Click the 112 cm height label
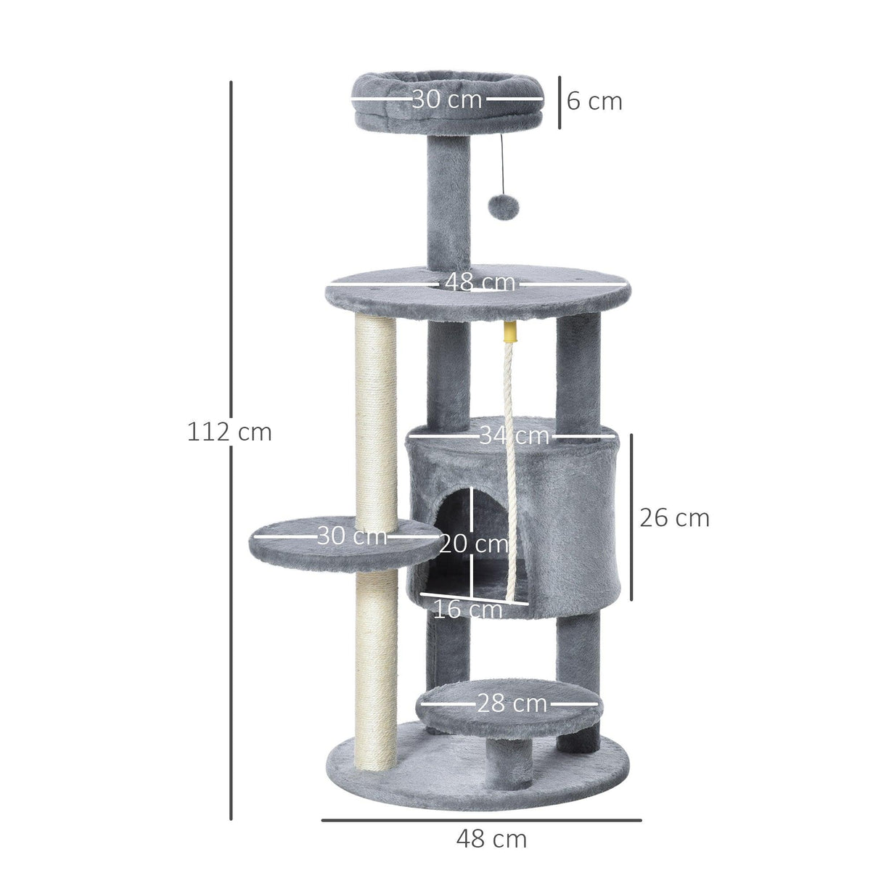click(229, 432)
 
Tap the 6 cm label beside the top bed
click(594, 102)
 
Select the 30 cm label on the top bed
click(446, 99)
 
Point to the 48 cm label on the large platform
click(480, 282)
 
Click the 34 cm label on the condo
click(514, 435)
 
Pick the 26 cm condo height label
click(674, 517)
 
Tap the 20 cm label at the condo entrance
click(473, 543)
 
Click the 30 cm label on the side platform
click(352, 536)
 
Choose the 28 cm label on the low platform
click(512, 702)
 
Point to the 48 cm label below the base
click(491, 839)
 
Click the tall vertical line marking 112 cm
click(231, 290)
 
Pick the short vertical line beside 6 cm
click(560, 102)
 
